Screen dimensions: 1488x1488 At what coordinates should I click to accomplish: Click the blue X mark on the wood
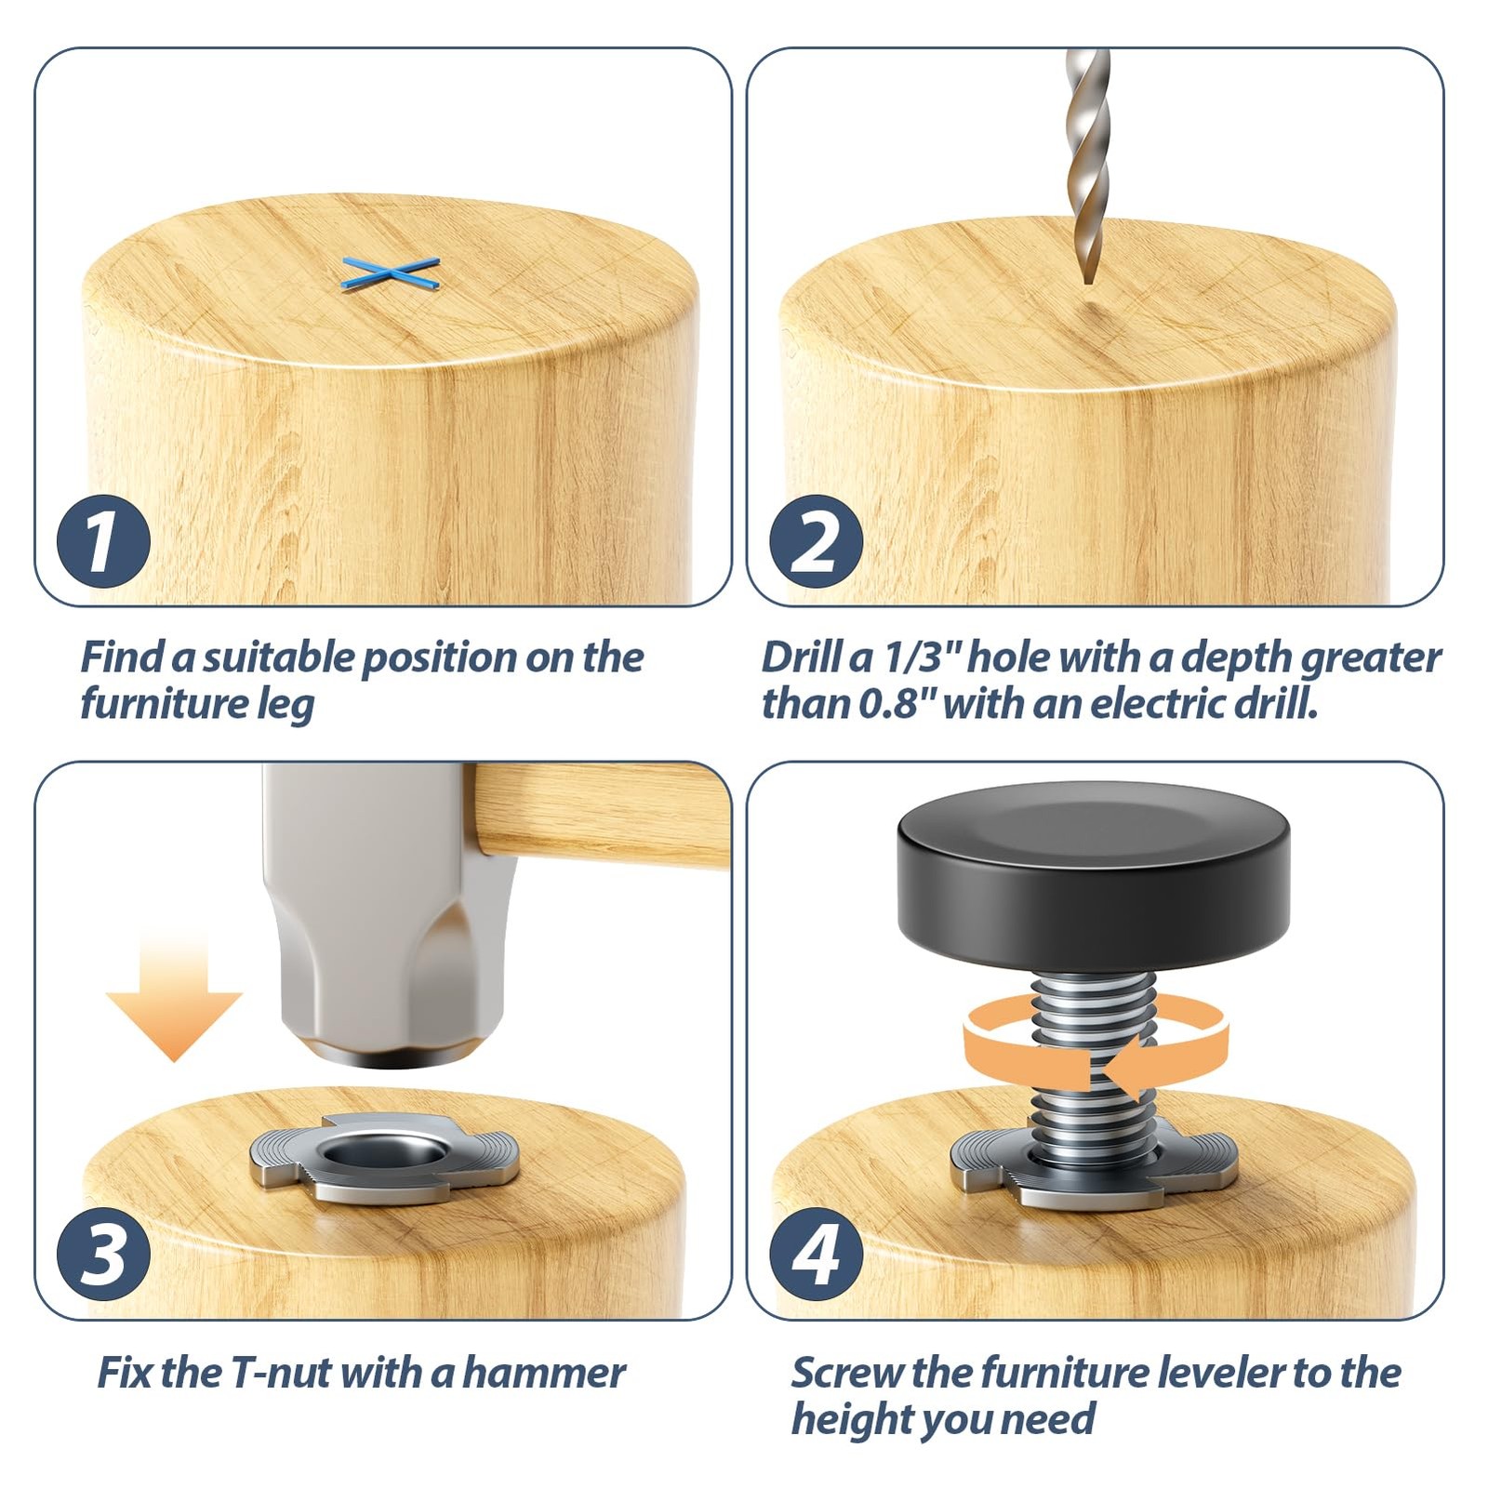[x=390, y=273]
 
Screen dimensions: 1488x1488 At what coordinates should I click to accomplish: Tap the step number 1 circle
[x=103, y=542]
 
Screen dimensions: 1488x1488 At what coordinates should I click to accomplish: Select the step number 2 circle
[x=816, y=542]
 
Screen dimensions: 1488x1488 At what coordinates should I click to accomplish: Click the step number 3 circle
[x=103, y=1255]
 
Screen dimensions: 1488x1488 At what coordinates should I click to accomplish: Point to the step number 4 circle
[x=816, y=1255]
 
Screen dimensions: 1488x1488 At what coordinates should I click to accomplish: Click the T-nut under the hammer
[x=383, y=1158]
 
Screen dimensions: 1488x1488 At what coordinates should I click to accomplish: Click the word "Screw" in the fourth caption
[x=846, y=1373]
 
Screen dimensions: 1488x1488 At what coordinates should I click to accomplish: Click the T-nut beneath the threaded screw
[x=1093, y=1174]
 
